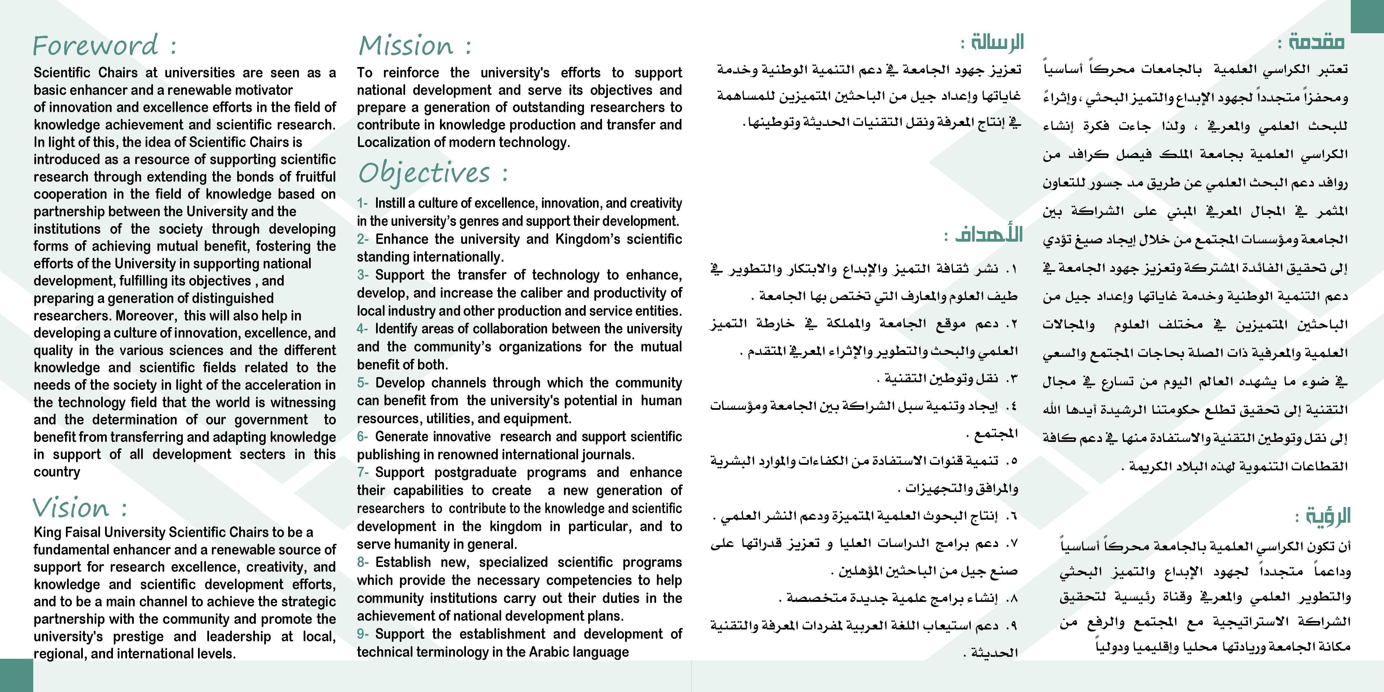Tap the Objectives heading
click(x=425, y=173)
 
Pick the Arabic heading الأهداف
click(x=988, y=234)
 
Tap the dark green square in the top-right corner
click(x=1367, y=16)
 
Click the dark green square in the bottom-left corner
click(x=16, y=675)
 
